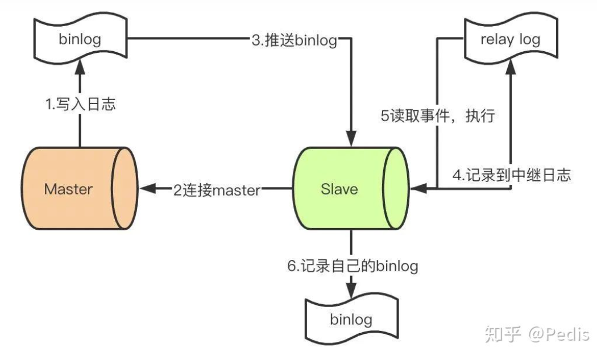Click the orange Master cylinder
pos(80,188)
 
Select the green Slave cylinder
pos(351,188)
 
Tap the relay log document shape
pos(511,39)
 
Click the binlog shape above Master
pos(80,39)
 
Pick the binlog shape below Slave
pos(351,318)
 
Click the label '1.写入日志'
pos(80,104)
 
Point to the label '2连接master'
pos(217,190)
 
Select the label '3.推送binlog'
pos(295,40)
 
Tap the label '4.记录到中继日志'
pos(512,175)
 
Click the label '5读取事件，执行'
pos(438,115)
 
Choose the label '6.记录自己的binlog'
pos(353,266)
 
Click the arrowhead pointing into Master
pos(148,188)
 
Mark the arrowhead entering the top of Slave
pos(351,138)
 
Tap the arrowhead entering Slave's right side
pos(419,188)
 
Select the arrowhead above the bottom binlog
pos(351,290)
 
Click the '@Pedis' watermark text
pos(558,334)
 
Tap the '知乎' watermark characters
pos(503,334)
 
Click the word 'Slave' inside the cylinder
pos(339,189)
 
